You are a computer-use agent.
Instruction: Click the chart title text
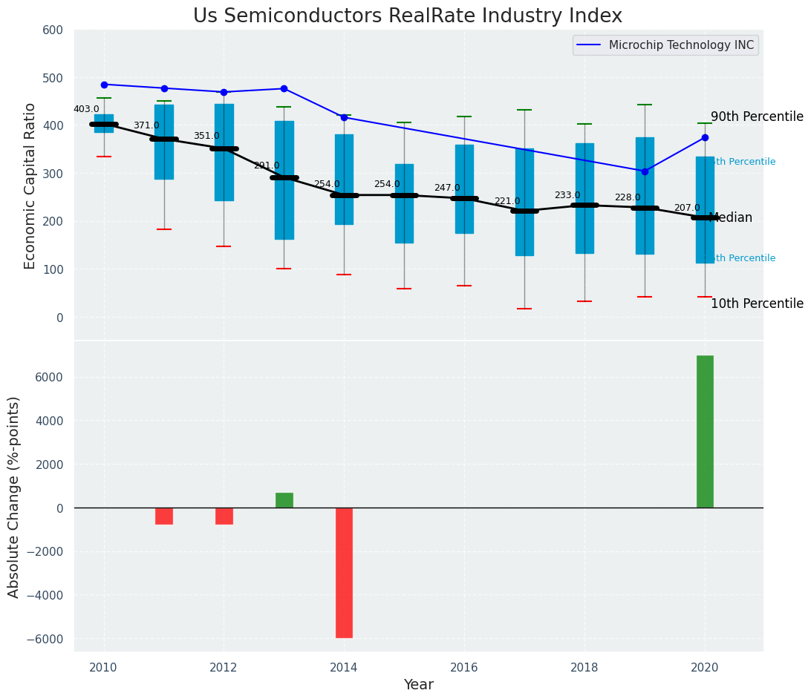click(408, 16)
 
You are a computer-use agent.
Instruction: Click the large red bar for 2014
click(344, 573)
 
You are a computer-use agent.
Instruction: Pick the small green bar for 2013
click(284, 500)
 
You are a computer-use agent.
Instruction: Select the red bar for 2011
click(164, 516)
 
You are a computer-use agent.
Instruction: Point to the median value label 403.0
click(86, 109)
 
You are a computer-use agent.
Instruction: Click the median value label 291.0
click(267, 165)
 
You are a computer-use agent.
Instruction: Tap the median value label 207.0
click(687, 208)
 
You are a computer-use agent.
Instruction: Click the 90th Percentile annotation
click(757, 116)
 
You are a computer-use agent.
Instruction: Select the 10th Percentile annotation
click(757, 303)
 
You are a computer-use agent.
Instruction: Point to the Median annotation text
click(731, 217)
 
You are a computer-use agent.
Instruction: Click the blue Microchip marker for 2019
click(645, 171)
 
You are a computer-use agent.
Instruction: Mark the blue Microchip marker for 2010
click(104, 85)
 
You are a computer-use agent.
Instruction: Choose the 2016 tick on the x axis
click(464, 667)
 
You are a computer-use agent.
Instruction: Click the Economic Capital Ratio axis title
click(30, 186)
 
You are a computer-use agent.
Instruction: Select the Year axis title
click(418, 685)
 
